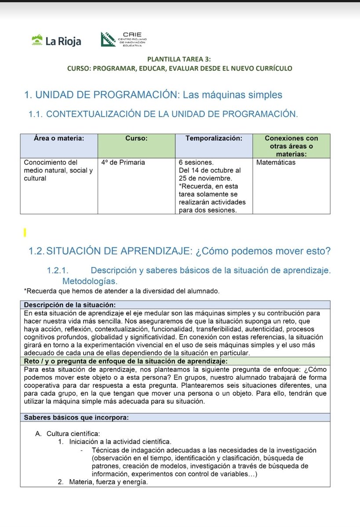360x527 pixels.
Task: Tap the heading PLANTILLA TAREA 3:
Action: [x=179, y=59]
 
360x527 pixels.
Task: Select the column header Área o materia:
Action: [x=59, y=138]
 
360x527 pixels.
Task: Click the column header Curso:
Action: [x=136, y=138]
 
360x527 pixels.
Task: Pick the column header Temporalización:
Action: [x=214, y=138]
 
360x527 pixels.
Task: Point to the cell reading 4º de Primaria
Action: [x=123, y=162]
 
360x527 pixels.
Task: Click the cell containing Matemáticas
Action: [x=276, y=162]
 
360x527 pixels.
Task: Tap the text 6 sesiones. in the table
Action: [x=196, y=162]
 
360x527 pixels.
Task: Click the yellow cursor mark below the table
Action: [x=25, y=231]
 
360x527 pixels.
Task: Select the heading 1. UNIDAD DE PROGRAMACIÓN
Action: [x=153, y=95]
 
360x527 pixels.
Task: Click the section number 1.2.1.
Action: [x=60, y=271]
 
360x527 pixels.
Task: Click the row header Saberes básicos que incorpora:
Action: [x=76, y=418]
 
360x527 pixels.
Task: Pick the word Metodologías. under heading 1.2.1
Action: [x=90, y=281]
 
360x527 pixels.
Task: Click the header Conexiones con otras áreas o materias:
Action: [x=291, y=146]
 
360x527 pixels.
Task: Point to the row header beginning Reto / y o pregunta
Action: [x=125, y=361]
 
